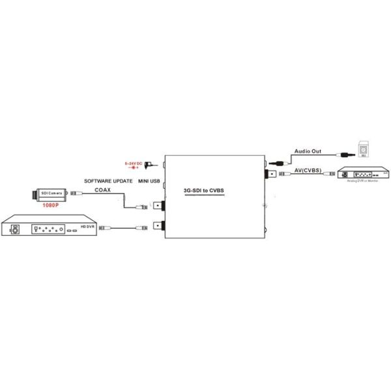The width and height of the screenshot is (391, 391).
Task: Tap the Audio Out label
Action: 308,151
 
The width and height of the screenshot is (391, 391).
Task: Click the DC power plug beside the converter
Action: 149,164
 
